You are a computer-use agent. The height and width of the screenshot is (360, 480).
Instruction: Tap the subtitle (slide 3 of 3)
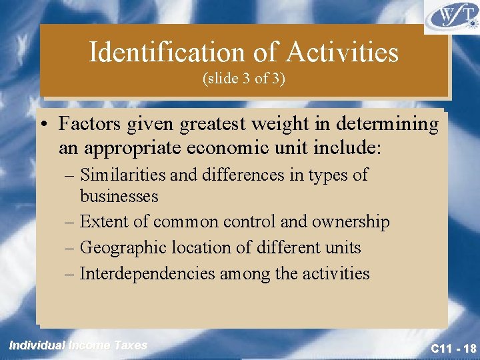[x=243, y=79]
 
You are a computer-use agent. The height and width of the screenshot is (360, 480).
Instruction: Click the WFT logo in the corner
[x=451, y=17]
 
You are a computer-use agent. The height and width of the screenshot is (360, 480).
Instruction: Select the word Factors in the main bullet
[x=88, y=124]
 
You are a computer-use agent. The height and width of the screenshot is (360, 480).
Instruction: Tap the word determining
[x=390, y=125]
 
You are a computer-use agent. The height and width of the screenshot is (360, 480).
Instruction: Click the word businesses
[x=119, y=197]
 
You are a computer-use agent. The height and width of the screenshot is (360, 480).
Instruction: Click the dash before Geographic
[x=71, y=248]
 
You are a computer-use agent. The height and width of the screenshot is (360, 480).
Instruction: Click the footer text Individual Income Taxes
[x=78, y=345]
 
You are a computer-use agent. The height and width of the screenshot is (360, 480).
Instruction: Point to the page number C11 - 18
[x=453, y=348]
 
